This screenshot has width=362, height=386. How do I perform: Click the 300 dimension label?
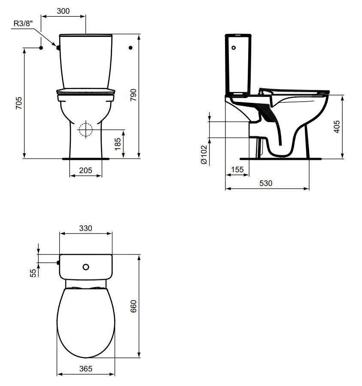(x=63, y=12)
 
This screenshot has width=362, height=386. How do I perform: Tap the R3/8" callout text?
(x=21, y=24)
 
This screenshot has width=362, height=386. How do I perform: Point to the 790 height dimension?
(x=133, y=96)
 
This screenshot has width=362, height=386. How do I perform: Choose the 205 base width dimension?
(x=86, y=170)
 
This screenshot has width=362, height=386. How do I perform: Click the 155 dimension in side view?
(x=237, y=170)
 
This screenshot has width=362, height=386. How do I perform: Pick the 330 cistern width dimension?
(x=85, y=228)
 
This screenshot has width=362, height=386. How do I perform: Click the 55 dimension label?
(x=33, y=273)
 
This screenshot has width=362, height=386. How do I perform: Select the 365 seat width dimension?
(x=85, y=369)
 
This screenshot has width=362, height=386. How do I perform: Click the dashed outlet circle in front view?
(x=86, y=129)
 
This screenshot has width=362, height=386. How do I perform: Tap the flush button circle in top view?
(x=86, y=267)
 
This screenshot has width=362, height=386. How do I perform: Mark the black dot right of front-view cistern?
(x=131, y=48)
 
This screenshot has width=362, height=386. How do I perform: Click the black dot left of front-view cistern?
(x=40, y=48)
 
